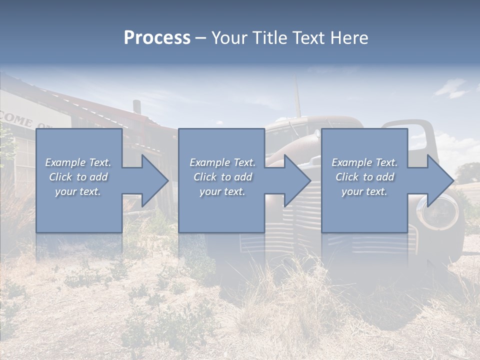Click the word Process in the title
(x=157, y=38)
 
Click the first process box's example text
(x=78, y=177)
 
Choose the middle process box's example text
(x=222, y=177)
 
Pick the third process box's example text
(x=364, y=177)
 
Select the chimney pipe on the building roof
(x=136, y=107)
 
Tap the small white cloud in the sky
(x=451, y=89)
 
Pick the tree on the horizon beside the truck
(x=467, y=173)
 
